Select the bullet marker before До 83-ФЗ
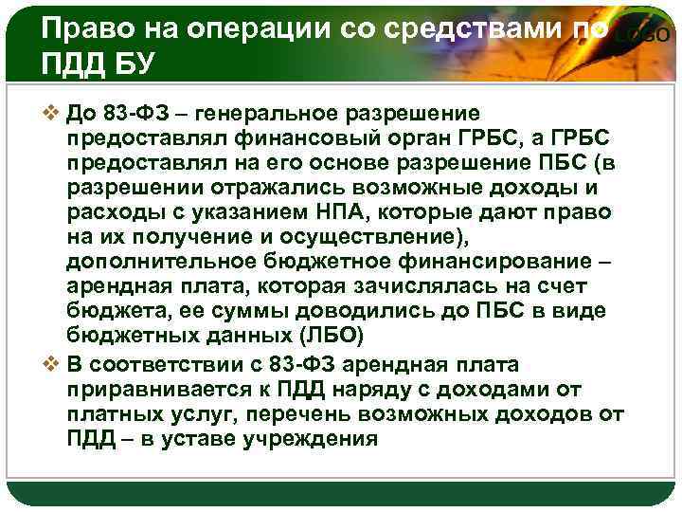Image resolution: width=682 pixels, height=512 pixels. click(53, 114)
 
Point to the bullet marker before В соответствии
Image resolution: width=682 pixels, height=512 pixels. click(53, 365)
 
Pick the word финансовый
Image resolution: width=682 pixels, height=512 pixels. click(284, 138)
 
